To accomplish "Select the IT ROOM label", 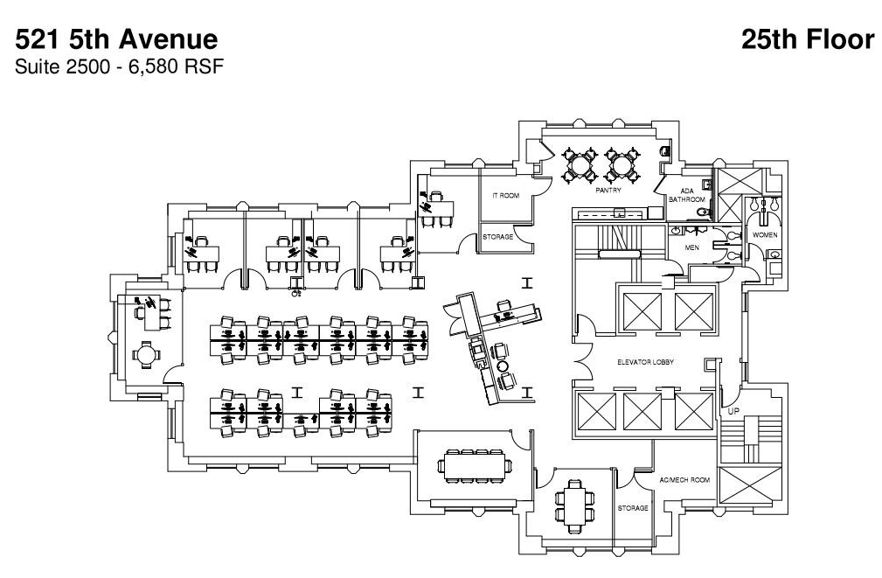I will (x=505, y=195).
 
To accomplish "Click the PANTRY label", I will (x=608, y=189).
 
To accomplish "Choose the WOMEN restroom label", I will (x=764, y=235).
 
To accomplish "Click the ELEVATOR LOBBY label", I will (x=644, y=361).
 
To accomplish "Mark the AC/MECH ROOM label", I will (x=683, y=480).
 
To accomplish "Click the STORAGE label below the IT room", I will (x=497, y=237).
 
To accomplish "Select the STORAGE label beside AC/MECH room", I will (x=632, y=508).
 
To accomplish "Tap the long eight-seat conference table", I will (x=475, y=465).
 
